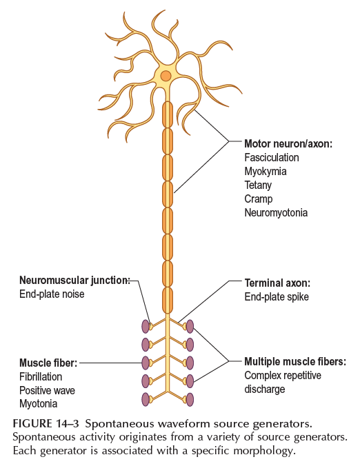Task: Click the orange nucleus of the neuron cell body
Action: [166, 76]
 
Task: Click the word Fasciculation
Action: [272, 157]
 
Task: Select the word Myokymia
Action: [266, 172]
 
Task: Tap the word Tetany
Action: [258, 185]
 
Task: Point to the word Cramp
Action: [259, 199]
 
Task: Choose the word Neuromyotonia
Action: [276, 213]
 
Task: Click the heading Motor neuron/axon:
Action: [288, 144]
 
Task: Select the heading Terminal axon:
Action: [277, 283]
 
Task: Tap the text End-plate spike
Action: [277, 297]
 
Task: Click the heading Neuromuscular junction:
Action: [74, 281]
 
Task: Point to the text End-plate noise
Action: [52, 294]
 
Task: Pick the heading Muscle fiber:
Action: [48, 363]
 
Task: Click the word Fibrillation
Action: [41, 377]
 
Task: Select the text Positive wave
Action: [47, 390]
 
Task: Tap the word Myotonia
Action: [39, 404]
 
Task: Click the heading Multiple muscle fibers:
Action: [295, 362]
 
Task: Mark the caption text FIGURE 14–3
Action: [46, 423]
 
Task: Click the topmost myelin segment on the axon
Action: [168, 114]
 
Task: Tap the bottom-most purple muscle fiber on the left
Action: [146, 399]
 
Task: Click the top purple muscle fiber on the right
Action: [190, 326]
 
